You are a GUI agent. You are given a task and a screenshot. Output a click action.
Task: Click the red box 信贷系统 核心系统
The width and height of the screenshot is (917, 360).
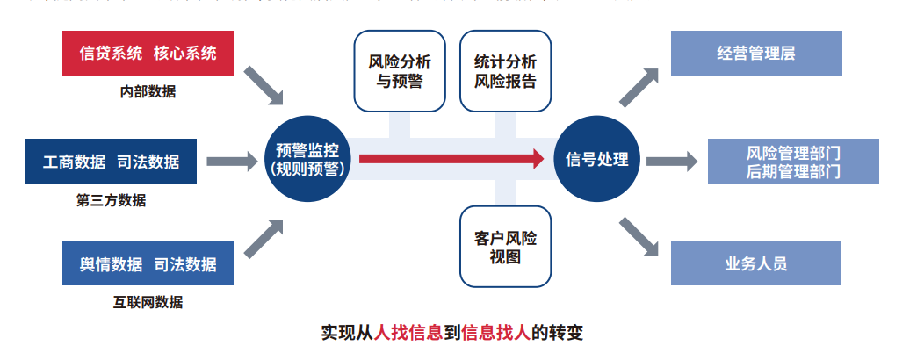[x=148, y=54]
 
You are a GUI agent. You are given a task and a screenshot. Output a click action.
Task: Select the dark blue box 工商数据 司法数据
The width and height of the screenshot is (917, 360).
[x=111, y=161]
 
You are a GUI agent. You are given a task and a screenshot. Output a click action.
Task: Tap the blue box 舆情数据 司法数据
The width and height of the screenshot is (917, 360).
[x=148, y=263]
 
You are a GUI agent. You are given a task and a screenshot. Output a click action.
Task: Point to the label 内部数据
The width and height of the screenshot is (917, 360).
[x=148, y=91]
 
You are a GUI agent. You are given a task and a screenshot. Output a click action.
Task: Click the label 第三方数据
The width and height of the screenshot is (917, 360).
[x=111, y=199]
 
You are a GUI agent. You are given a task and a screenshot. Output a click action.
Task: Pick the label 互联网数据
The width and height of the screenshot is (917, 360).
[x=148, y=302]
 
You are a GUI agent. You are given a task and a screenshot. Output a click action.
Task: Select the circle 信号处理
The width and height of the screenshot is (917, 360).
[x=597, y=159]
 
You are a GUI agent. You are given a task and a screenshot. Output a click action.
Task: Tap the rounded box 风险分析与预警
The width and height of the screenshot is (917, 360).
[x=400, y=72]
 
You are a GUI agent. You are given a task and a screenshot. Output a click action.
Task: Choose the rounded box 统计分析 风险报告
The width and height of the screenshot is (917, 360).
[x=505, y=72]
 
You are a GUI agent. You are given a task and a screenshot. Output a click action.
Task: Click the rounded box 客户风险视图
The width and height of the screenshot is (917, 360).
[x=505, y=247]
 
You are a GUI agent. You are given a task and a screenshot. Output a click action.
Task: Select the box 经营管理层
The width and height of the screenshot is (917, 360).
[x=756, y=54]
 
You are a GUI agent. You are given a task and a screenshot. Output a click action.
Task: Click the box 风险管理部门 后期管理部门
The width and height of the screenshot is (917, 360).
[x=793, y=162]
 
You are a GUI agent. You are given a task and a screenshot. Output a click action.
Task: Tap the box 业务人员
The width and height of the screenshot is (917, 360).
[x=756, y=263]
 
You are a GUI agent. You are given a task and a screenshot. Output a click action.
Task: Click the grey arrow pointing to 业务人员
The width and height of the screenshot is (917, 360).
[x=640, y=234]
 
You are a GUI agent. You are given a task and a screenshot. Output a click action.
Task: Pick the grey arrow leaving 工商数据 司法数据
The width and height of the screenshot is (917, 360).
[x=233, y=161]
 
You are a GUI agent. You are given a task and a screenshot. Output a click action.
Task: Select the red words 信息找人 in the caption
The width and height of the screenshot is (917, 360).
[x=495, y=334]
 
